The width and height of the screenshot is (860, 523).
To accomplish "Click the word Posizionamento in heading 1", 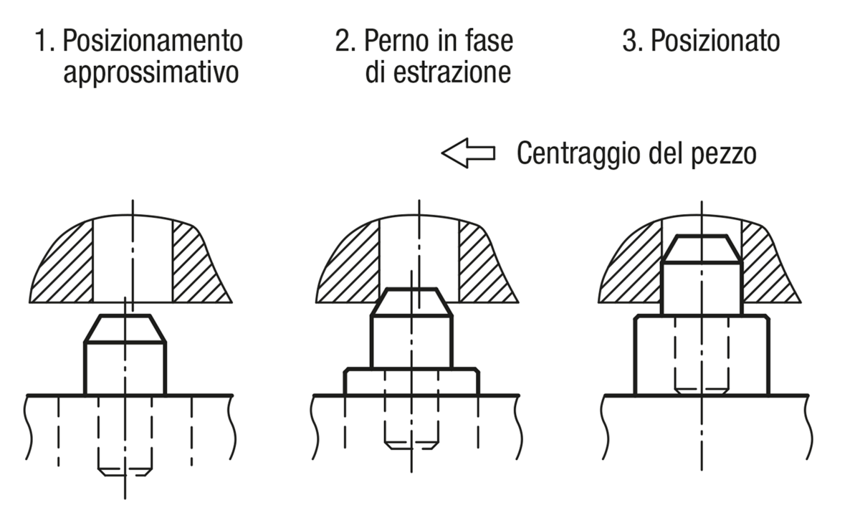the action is point(153,40).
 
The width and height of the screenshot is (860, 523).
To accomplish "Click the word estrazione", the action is point(452,72).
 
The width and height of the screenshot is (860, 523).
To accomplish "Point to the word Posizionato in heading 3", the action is point(716,40).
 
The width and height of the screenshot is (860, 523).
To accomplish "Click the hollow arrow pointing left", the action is point(469,153).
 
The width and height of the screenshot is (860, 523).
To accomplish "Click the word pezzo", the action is point(724,155).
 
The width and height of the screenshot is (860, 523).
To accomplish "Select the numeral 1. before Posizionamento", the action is point(45,41).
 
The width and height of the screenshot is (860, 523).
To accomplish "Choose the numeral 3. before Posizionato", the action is point(633,41).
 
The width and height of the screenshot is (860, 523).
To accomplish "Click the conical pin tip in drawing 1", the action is point(125,328).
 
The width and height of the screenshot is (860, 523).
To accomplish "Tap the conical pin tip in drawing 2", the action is point(411,302).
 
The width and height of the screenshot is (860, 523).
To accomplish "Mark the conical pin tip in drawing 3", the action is point(702,249).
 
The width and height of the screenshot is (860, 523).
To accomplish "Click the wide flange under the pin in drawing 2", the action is point(411,382).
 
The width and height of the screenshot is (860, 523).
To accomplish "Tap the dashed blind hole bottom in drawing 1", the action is point(125,472).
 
